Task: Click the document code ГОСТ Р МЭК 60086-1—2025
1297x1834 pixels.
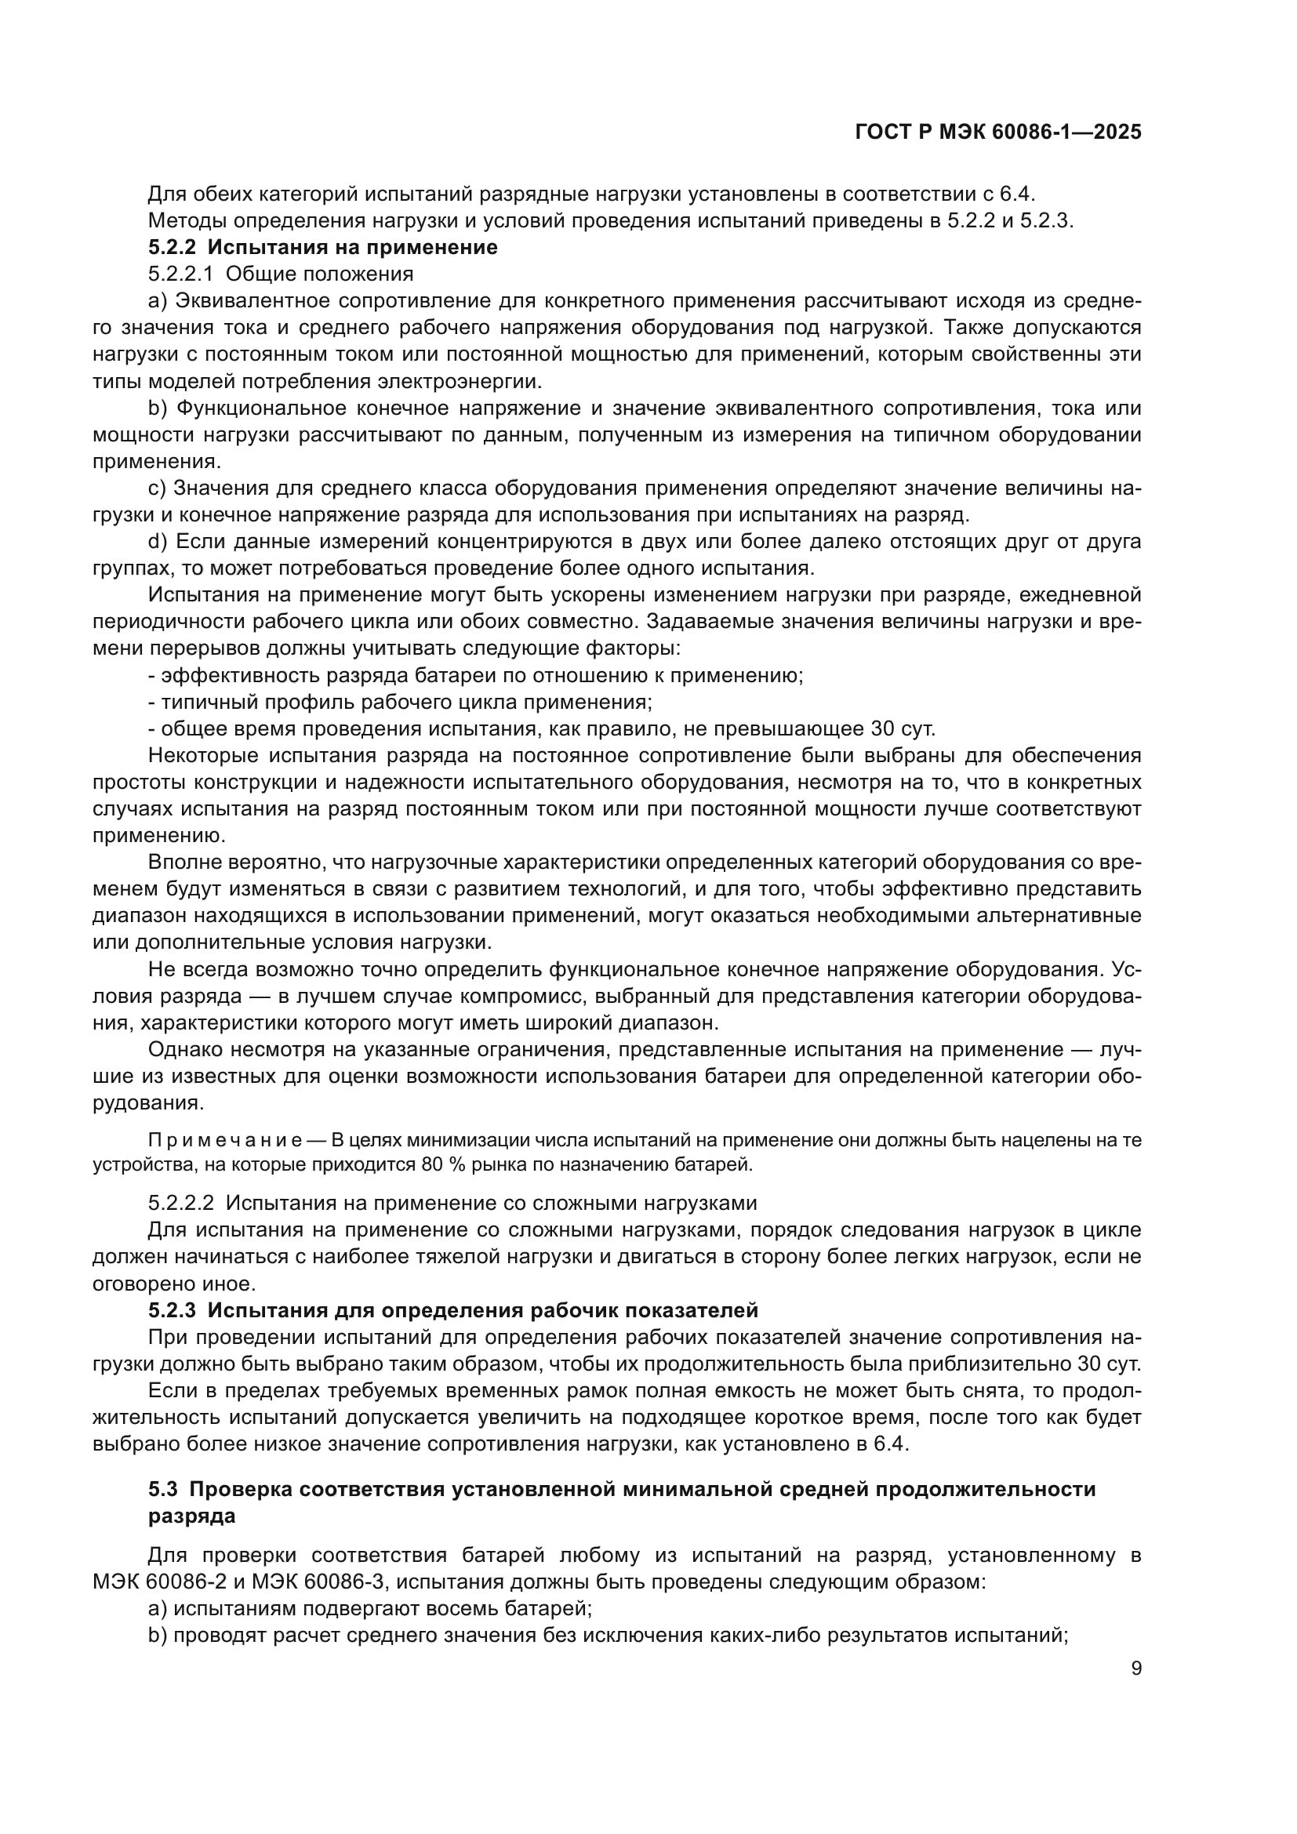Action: click(x=997, y=133)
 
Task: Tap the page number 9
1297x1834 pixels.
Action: click(x=1135, y=1669)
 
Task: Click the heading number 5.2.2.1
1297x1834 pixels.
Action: click(x=180, y=274)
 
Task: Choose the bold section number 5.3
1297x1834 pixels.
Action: click(x=162, y=1489)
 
